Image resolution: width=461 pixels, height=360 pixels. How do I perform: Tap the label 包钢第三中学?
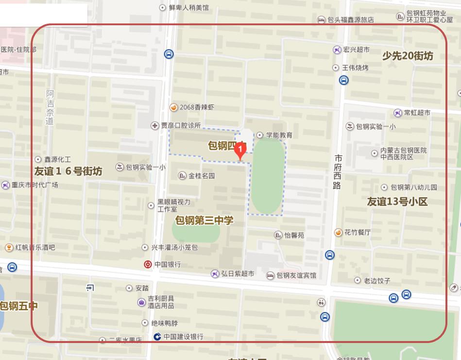click(x=204, y=221)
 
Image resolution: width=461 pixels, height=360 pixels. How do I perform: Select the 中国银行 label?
click(x=167, y=265)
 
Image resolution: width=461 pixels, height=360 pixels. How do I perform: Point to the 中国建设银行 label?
click(x=183, y=337)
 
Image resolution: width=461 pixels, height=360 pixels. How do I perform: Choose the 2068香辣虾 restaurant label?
click(x=196, y=107)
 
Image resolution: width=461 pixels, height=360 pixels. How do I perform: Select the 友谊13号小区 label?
click(x=397, y=202)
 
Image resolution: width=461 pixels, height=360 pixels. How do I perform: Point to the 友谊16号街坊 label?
click(x=68, y=171)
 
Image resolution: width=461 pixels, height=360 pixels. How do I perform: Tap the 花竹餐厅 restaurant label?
click(x=357, y=232)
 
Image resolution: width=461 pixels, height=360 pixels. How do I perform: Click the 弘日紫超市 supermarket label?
click(x=237, y=274)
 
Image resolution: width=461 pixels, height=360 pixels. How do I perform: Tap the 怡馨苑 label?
click(x=294, y=235)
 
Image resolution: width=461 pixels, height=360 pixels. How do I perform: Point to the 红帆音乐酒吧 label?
click(x=35, y=247)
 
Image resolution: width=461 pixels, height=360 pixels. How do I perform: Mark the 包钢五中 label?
click(x=18, y=306)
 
